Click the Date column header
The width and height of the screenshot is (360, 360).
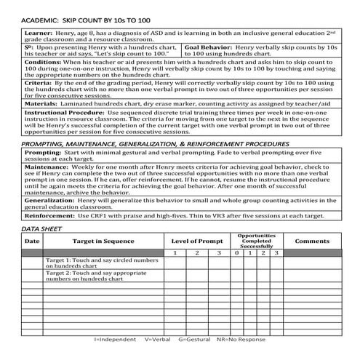coord(32,241)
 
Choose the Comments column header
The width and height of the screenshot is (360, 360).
coord(312,241)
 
